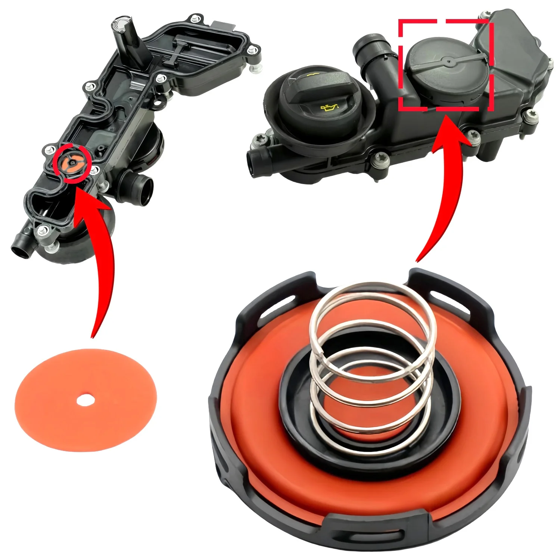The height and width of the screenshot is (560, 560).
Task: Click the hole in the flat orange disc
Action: (85, 401)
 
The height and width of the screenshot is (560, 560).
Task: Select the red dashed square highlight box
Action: (446, 65)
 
